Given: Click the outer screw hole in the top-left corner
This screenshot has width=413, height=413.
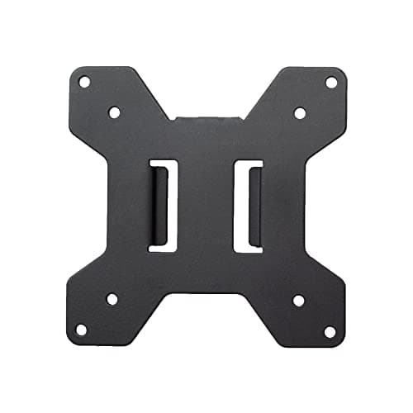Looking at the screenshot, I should coord(83,82).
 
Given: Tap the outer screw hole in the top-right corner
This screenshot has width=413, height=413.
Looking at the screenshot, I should coord(331,82).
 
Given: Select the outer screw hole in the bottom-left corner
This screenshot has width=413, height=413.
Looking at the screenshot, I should coord(82,330).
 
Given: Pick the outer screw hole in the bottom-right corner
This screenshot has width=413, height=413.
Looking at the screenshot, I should coord(330,331).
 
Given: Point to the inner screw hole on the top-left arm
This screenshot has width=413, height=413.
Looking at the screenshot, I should coord(114,112).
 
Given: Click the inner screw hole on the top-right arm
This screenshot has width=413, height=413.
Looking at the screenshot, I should coord(300,112).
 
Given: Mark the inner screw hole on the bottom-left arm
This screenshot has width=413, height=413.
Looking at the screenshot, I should coord(112,299).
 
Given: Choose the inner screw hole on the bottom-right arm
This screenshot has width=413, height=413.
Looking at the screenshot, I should coord(298,300).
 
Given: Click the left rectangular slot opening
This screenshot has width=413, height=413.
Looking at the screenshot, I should coord(163,205).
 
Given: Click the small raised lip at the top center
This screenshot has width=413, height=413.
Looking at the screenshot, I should coord(207,117).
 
